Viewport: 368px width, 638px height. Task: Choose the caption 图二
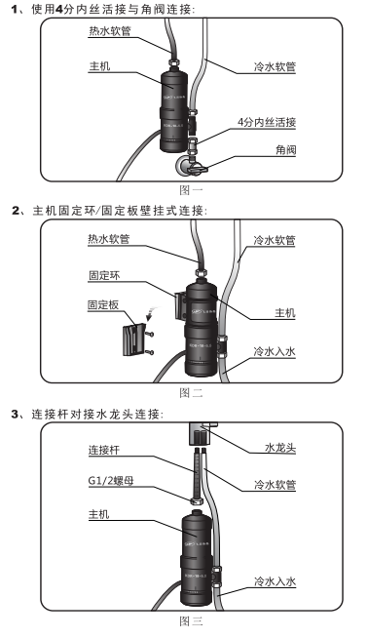[191, 393]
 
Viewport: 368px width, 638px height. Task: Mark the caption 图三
[191, 619]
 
